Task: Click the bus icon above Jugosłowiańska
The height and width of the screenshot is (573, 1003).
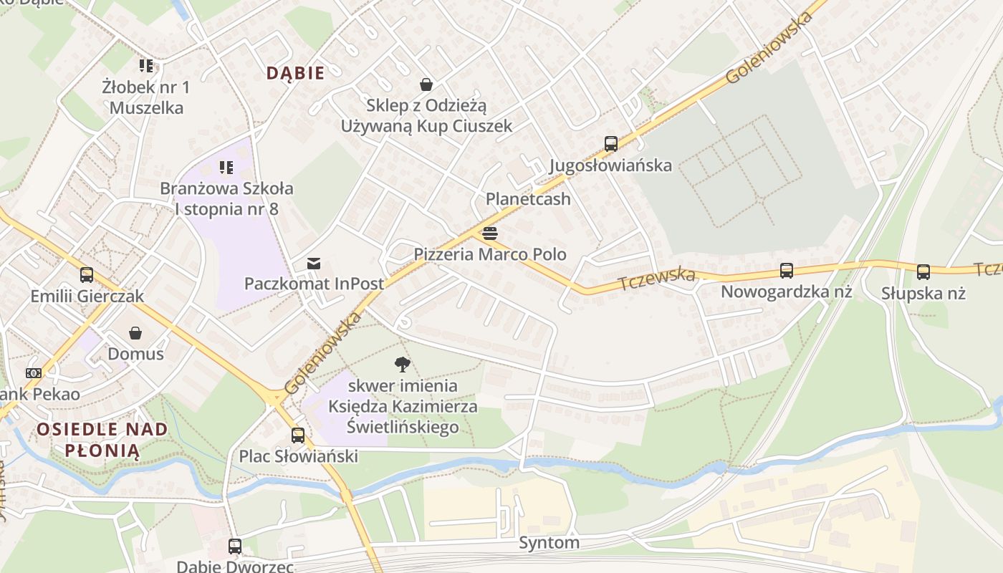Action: pyautogui.click(x=610, y=143)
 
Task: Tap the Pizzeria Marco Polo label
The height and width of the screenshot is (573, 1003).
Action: pyautogui.click(x=490, y=254)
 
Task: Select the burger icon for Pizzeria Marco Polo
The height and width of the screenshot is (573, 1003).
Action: pyautogui.click(x=490, y=233)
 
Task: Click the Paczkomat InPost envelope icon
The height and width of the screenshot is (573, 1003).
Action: pyautogui.click(x=314, y=264)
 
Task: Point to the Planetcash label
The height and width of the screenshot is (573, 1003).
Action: pyautogui.click(x=528, y=199)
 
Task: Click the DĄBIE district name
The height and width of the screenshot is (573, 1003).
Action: pyautogui.click(x=295, y=73)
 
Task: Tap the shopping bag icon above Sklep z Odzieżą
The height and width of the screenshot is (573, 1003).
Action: pyautogui.click(x=426, y=85)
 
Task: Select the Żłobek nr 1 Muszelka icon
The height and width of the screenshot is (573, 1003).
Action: pyautogui.click(x=146, y=67)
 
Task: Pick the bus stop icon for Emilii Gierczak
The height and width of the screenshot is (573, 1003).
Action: pyautogui.click(x=87, y=275)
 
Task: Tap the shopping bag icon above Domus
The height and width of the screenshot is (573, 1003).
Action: pyautogui.click(x=135, y=333)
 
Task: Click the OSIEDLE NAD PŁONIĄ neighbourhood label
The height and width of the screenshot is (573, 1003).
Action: pyautogui.click(x=102, y=440)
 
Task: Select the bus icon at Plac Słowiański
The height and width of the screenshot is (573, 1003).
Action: pyautogui.click(x=298, y=435)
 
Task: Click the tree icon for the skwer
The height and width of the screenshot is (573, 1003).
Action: pyautogui.click(x=403, y=365)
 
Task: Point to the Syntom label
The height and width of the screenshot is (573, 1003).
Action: pyautogui.click(x=549, y=543)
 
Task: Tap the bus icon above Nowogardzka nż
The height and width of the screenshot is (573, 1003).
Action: pyautogui.click(x=786, y=271)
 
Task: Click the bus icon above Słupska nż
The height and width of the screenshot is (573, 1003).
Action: pyautogui.click(x=923, y=272)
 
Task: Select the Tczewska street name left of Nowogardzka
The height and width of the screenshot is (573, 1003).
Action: pyautogui.click(x=657, y=279)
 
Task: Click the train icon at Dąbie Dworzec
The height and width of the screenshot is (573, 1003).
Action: pyautogui.click(x=234, y=546)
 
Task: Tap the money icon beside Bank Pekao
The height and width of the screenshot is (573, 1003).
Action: pyautogui.click(x=34, y=373)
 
